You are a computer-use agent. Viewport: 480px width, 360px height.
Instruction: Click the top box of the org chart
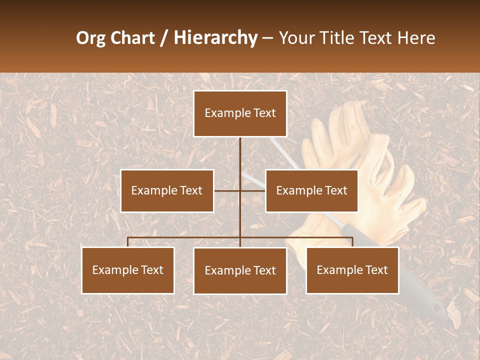[240, 113]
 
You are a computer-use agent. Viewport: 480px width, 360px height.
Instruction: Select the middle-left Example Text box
[167, 191]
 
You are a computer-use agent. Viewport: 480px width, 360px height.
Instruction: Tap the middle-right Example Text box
[311, 191]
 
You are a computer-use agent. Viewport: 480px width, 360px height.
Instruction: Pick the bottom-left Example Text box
[128, 270]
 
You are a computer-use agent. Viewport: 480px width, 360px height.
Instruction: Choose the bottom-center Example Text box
[240, 271]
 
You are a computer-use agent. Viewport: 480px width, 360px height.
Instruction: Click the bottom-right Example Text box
[352, 270]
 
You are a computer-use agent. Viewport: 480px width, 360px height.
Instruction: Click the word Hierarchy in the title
[215, 38]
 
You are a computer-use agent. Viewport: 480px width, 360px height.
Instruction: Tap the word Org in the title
[91, 38]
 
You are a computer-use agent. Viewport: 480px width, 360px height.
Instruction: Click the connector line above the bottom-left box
[128, 242]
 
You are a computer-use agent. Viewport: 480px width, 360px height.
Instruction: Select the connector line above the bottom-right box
[352, 242]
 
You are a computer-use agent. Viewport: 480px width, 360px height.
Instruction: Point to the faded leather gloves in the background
[360, 165]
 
